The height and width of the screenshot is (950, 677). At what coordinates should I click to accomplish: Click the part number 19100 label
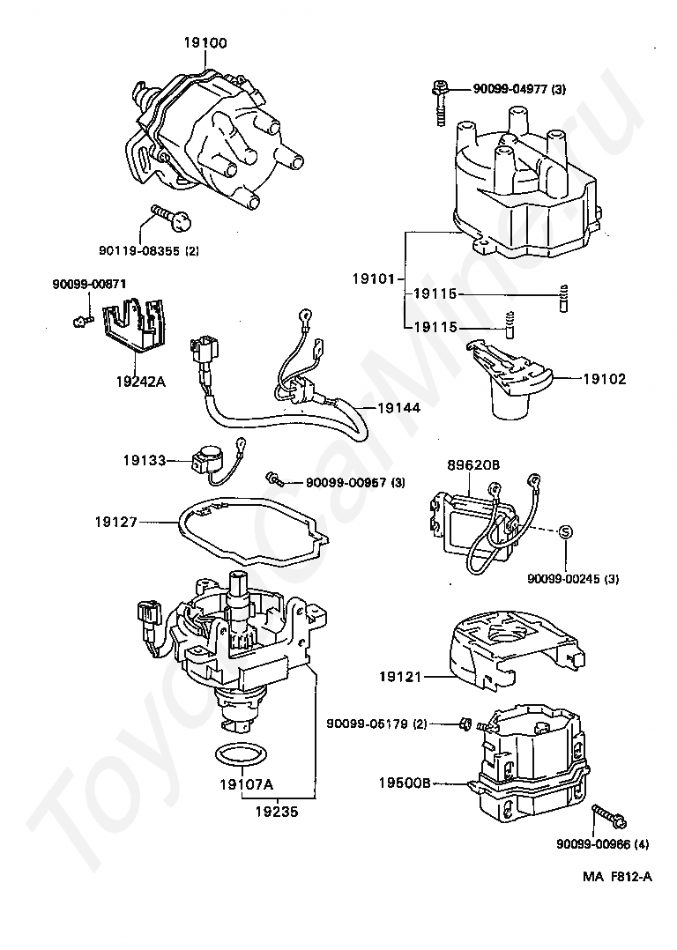click(205, 43)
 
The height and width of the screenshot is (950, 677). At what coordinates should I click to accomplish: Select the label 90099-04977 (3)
click(519, 89)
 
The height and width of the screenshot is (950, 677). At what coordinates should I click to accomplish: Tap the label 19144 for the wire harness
click(398, 408)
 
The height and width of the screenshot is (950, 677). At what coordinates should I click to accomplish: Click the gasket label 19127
click(116, 521)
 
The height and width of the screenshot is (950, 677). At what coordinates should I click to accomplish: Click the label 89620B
click(473, 465)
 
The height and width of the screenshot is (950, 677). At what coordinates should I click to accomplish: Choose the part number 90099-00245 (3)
click(573, 579)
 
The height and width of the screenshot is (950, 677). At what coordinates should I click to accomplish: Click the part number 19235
click(277, 812)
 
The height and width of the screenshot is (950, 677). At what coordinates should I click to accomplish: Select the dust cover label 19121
click(400, 676)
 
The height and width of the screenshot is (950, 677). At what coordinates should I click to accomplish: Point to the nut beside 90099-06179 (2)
click(465, 723)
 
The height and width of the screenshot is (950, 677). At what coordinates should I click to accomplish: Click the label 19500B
click(405, 783)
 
